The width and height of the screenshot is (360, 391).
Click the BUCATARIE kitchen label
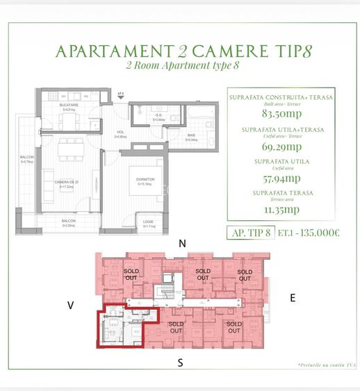[x=68, y=105]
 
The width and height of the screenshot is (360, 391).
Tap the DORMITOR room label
[x=145, y=179]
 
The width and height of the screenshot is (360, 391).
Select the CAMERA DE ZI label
[x=67, y=182]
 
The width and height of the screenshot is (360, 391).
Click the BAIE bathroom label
[x=192, y=138]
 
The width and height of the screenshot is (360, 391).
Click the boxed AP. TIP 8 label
[x=249, y=233]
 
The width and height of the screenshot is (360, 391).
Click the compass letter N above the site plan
[x=183, y=243]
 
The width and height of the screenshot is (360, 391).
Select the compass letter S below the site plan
[x=180, y=362]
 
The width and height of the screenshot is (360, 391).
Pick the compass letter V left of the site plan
[x=70, y=304]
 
